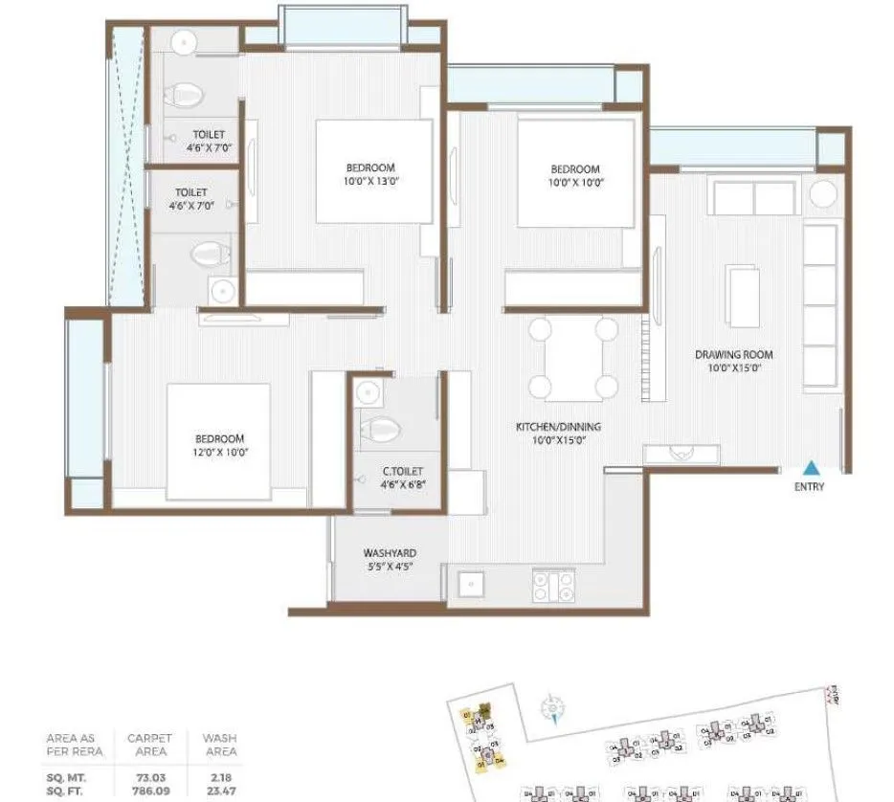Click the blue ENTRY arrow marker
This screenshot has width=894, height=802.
pyautogui.click(x=811, y=468)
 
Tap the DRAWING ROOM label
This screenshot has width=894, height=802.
pyautogui.click(x=734, y=355)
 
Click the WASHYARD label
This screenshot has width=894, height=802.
pyautogui.click(x=390, y=553)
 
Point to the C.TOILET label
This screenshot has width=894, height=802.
pyautogui.click(x=403, y=471)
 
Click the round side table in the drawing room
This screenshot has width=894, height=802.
pyautogui.click(x=824, y=193)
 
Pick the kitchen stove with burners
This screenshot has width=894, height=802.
pyautogui.click(x=553, y=584)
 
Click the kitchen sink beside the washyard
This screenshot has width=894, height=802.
pyautogui.click(x=471, y=584)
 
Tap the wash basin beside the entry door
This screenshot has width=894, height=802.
pyautogui.click(x=681, y=455)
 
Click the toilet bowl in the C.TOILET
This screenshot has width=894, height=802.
pyautogui.click(x=380, y=430)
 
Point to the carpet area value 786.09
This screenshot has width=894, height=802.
pyautogui.click(x=149, y=791)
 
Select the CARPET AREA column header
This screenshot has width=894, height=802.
pyautogui.click(x=149, y=745)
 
